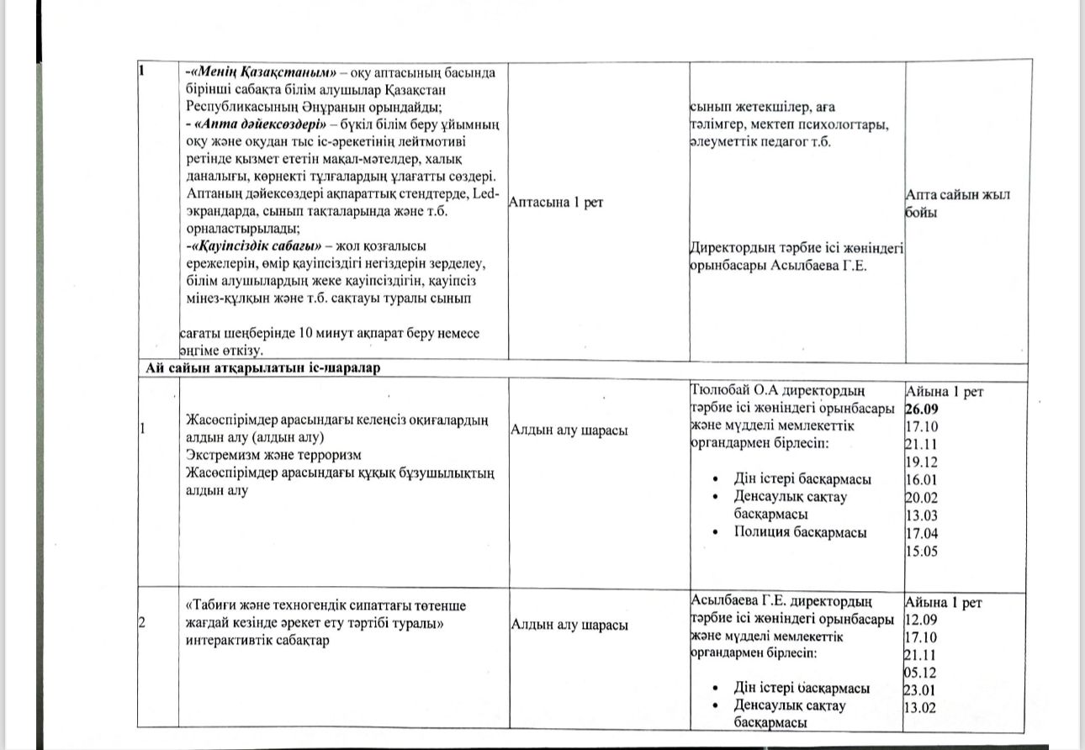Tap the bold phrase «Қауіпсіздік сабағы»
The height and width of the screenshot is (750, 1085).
257,246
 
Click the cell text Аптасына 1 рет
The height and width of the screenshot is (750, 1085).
557,203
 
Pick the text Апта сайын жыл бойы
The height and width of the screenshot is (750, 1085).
956,203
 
